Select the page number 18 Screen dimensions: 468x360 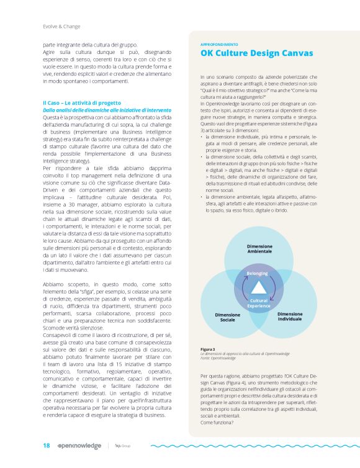46,445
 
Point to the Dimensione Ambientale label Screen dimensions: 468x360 259,248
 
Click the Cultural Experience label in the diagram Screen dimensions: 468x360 258,304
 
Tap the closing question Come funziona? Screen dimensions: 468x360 217,422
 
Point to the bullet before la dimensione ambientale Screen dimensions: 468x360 202,196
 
